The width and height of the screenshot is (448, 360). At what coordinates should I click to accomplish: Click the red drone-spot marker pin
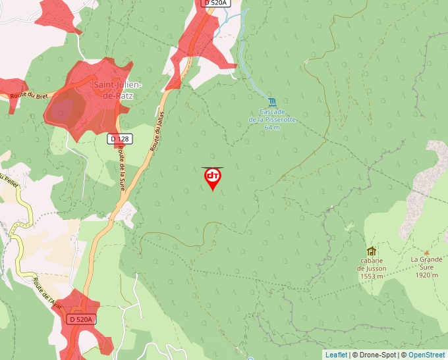(x=212, y=178)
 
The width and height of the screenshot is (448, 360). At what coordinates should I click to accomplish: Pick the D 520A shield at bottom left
(x=82, y=319)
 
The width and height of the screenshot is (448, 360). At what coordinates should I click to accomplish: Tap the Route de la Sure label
(x=121, y=168)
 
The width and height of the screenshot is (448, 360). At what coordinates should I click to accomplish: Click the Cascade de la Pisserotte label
(x=272, y=115)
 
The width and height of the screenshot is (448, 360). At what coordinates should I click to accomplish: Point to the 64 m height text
(x=272, y=127)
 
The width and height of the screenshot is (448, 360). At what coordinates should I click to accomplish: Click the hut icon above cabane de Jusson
(x=372, y=251)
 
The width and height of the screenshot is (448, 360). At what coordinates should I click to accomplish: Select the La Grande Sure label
(x=426, y=259)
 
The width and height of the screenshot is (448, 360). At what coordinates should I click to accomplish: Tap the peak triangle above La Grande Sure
(x=426, y=251)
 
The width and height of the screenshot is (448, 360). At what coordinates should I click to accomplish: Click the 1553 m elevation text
(x=372, y=276)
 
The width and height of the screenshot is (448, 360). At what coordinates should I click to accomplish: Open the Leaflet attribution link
(x=336, y=355)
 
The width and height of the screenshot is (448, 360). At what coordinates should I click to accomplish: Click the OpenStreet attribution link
(x=427, y=355)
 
